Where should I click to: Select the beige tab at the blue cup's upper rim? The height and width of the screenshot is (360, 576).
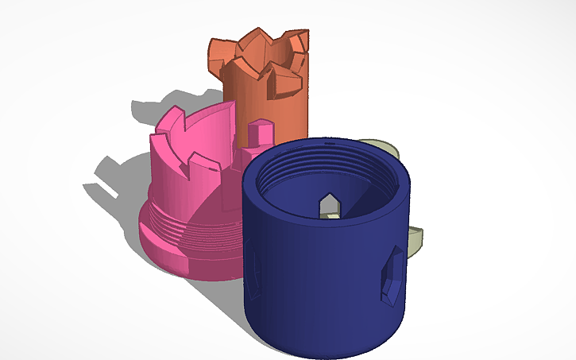click(x=379, y=146)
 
